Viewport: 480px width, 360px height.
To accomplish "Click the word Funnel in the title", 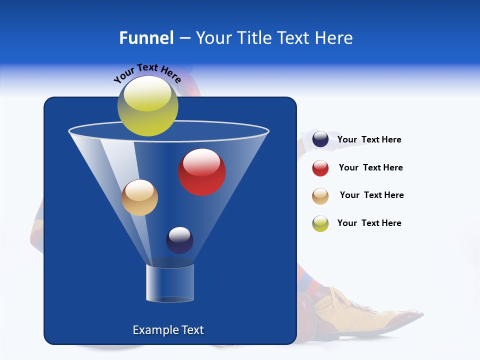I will click(x=146, y=38).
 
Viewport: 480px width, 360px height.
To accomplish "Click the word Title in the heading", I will click(x=254, y=38).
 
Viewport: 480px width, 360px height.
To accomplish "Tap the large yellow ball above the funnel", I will click(x=147, y=106).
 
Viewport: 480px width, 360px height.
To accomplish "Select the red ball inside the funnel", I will click(x=202, y=172).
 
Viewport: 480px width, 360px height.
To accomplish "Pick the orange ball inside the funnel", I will click(x=139, y=197).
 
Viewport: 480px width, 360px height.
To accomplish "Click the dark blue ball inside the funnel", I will click(x=179, y=240).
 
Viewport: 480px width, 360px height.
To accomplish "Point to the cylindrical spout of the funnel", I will click(x=169, y=283).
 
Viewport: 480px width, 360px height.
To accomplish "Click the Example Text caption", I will click(x=168, y=330).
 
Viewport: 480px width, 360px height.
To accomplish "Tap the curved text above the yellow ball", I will click(x=147, y=72).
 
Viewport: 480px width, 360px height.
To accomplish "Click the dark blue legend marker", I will click(x=320, y=139).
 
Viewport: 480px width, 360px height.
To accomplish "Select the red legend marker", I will click(x=320, y=168).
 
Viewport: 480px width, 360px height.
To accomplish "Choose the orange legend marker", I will click(x=320, y=196).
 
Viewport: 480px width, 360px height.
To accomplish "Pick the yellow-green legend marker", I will click(x=320, y=223).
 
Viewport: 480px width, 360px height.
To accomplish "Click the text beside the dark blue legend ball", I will click(x=369, y=140).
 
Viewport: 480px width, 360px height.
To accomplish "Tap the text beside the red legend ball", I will click(x=370, y=168).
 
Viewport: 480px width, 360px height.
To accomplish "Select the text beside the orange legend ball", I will click(x=371, y=195).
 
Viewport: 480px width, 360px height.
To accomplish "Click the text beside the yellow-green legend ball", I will click(x=369, y=223).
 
